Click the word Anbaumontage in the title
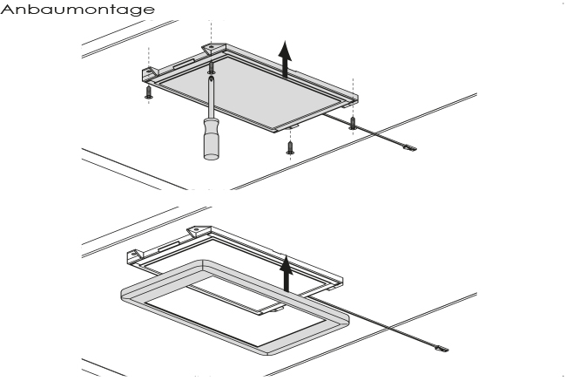78,9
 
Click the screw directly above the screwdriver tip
212,66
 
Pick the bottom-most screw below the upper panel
290,148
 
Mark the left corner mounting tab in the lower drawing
134,254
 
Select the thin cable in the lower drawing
392,329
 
